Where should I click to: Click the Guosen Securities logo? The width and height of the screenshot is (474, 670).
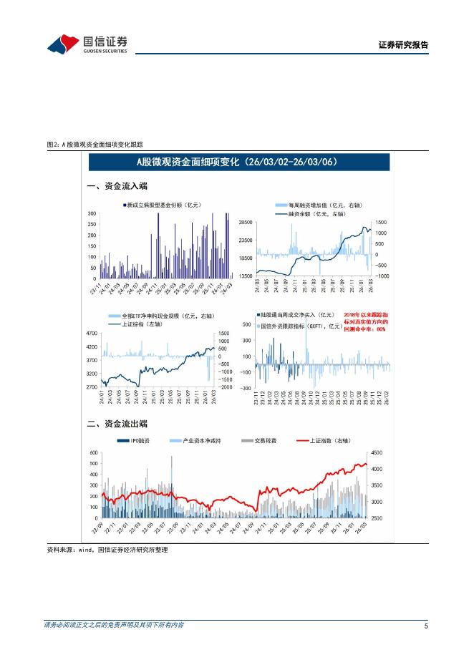point(87,44)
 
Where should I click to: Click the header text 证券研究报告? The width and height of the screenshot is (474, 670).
point(403,45)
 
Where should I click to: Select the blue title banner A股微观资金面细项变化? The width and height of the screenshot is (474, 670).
point(235,162)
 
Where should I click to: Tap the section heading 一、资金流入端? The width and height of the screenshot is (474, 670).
point(117,186)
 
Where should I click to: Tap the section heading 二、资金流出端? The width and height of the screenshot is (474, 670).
point(117,423)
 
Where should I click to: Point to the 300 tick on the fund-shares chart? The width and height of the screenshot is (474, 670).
point(92,214)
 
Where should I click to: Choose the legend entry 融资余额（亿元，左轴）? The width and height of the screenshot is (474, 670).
point(311,213)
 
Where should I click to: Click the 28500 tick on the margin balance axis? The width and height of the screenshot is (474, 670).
point(246,223)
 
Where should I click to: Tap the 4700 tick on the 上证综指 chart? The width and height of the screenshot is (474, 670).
point(92,334)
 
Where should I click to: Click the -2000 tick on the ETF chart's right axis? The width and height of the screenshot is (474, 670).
point(224,387)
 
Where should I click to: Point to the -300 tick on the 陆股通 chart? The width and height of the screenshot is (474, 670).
point(245,388)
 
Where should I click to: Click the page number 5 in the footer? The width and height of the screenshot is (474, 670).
point(426,626)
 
